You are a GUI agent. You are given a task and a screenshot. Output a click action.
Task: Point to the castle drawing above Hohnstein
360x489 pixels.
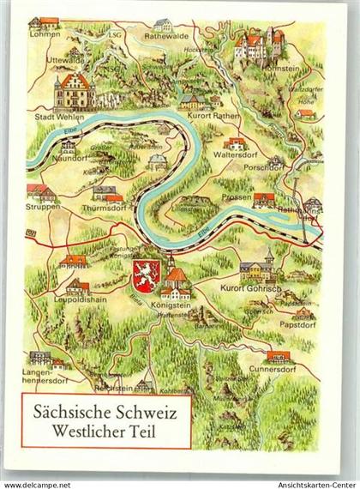pos(255,42)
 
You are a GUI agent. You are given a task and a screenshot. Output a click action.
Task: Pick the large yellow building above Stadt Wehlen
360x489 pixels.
pos(74,92)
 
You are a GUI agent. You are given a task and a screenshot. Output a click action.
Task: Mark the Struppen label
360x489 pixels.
pos(42,207)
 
